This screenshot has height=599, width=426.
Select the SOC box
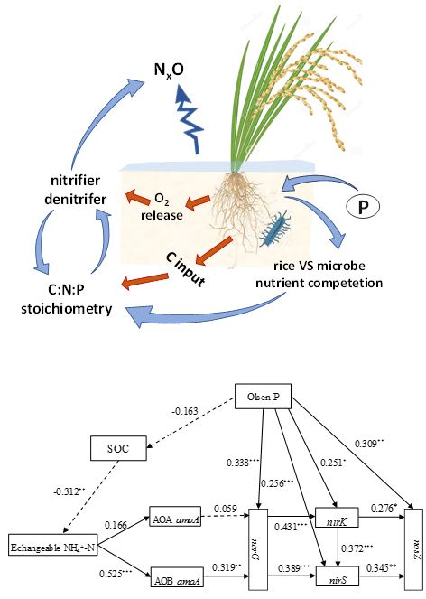(119, 447)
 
